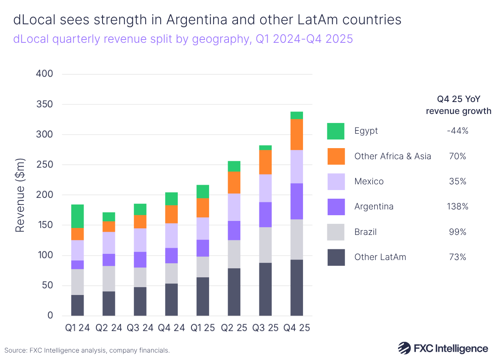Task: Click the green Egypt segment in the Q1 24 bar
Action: pos(77,216)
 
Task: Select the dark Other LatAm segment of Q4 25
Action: pos(296,288)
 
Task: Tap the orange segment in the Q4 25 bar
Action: pos(296,135)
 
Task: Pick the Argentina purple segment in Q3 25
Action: pos(265,214)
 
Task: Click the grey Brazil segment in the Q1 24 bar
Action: pos(77,282)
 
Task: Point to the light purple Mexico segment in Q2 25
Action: pos(234,207)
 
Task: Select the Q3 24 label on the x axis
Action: pos(140,328)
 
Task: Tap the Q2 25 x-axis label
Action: pos(234,328)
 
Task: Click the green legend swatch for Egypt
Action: pos(336,131)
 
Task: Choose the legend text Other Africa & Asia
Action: pos(392,156)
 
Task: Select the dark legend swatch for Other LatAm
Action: pos(336,257)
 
